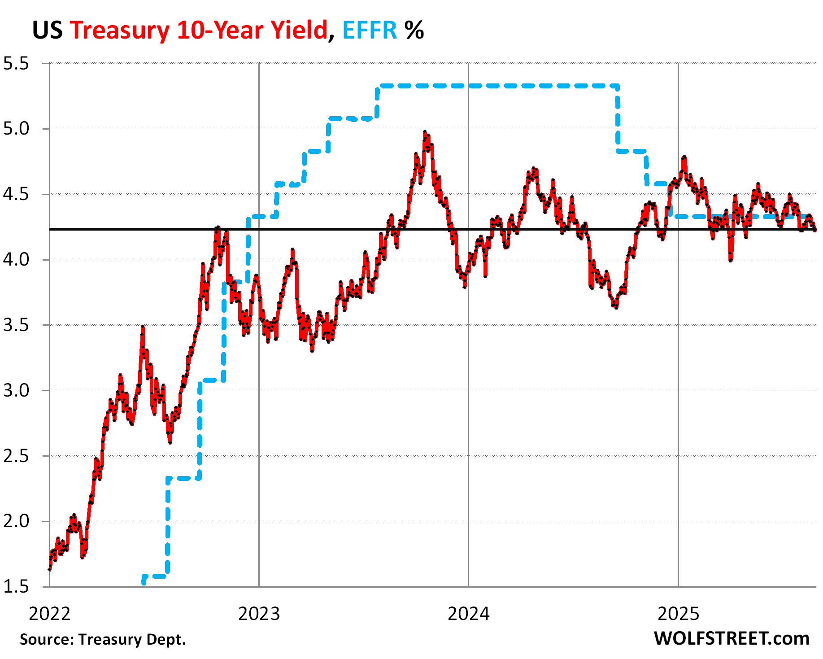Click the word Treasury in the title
click(x=119, y=31)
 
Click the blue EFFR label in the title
click(x=370, y=31)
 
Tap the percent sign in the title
click(x=414, y=31)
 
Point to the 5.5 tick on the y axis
click(x=16, y=64)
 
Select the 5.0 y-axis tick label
click(x=16, y=129)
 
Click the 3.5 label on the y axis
click(x=16, y=325)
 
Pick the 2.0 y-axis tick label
click(x=16, y=521)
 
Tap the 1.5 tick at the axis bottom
click(x=16, y=587)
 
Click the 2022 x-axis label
click(x=49, y=614)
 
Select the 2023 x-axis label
click(x=259, y=614)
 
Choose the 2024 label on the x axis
click(x=468, y=614)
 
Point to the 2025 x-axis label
click(x=678, y=614)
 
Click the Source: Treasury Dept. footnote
click(x=103, y=639)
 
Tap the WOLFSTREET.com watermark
click(x=731, y=638)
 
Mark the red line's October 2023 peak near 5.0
click(x=425, y=132)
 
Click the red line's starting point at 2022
click(x=49, y=569)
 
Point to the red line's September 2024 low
click(x=616, y=307)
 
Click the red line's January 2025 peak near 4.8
click(x=684, y=157)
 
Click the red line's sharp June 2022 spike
click(x=143, y=327)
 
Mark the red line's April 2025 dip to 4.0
click(x=731, y=260)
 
